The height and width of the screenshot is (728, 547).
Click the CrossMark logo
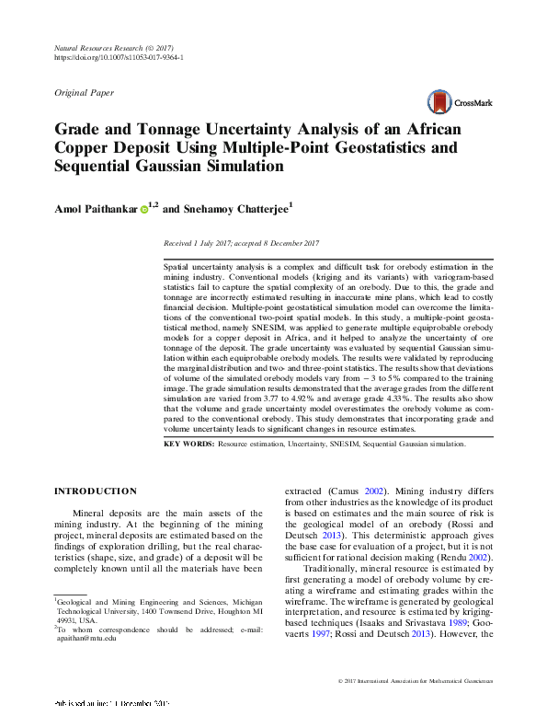click(459, 103)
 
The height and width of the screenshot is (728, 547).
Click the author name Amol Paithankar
click(96, 209)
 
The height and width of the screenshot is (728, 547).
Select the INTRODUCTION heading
click(97, 491)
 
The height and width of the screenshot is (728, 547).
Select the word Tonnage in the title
click(154, 129)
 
